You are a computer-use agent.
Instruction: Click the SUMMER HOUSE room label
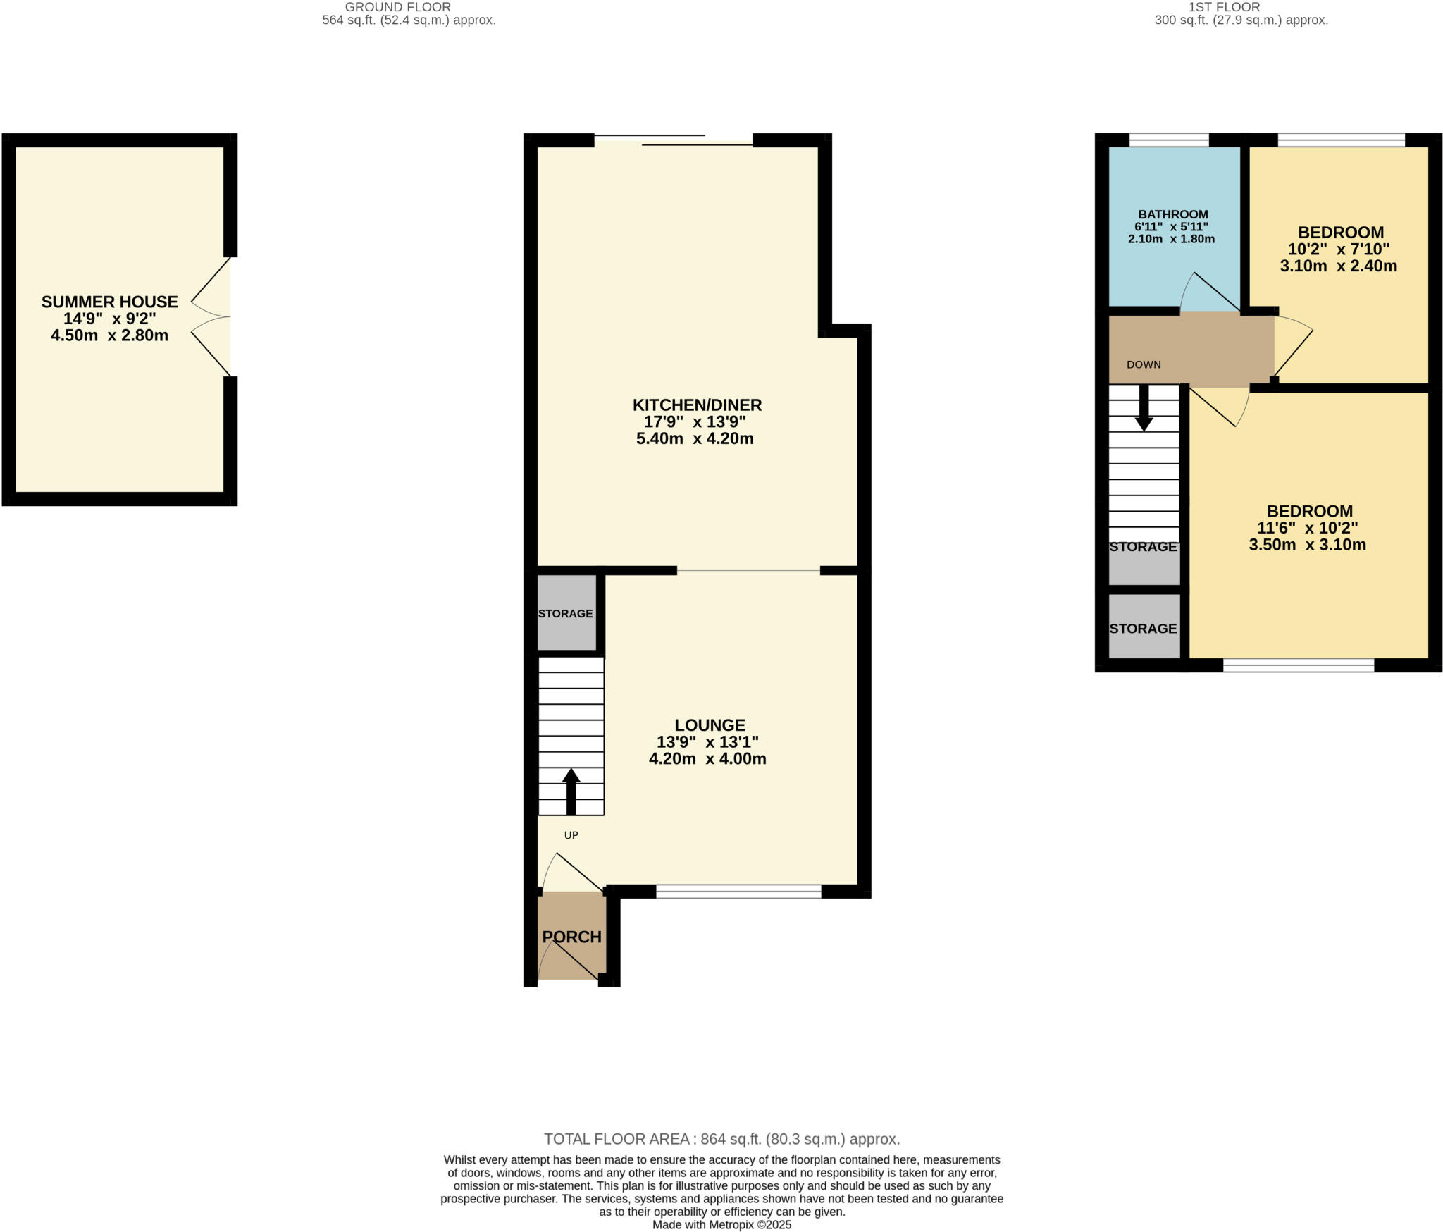click(109, 302)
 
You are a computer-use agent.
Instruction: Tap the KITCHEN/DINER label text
click(697, 405)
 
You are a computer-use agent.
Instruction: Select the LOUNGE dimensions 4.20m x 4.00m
click(707, 759)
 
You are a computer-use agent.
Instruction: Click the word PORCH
click(571, 937)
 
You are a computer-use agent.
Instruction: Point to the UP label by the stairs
click(571, 835)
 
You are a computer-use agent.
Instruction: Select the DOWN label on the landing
click(1144, 365)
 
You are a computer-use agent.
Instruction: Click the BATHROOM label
click(1173, 214)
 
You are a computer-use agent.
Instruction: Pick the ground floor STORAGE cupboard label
click(565, 614)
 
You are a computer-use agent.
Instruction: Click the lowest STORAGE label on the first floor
click(1143, 629)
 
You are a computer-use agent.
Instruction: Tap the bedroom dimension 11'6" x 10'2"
click(1307, 528)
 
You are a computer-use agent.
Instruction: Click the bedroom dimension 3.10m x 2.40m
click(1338, 266)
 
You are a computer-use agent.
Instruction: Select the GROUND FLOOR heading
click(397, 7)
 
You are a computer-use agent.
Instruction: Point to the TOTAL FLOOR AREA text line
click(721, 1140)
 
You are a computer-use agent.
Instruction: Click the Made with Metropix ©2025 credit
click(721, 1225)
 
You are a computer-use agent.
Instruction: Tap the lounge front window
click(738, 892)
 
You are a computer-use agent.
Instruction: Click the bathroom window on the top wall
click(1169, 140)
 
